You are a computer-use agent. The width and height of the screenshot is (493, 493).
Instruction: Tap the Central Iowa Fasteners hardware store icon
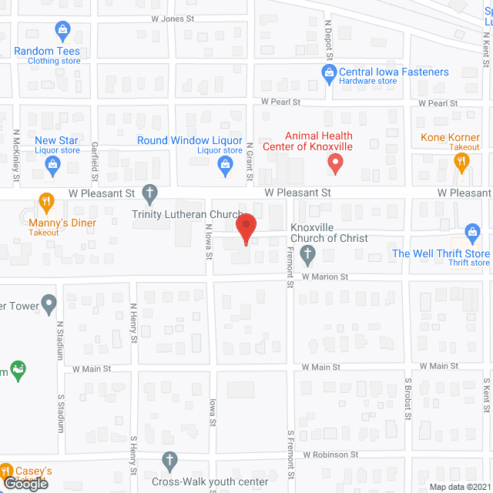point(328,72)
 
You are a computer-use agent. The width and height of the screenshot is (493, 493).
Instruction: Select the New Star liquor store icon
point(52,163)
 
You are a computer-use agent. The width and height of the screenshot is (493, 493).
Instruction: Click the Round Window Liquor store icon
point(226,163)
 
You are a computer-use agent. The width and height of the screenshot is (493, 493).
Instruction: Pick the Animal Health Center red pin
point(335,163)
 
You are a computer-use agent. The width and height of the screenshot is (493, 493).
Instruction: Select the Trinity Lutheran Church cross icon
point(150,193)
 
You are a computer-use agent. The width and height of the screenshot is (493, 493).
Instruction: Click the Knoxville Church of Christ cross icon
point(307,253)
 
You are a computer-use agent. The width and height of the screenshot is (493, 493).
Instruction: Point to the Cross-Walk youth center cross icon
point(170,461)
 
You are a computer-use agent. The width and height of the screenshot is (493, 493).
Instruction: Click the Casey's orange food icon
point(6,471)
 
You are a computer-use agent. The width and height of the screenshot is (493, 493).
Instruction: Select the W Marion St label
point(325,277)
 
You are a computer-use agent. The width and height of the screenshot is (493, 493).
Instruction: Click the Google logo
point(25,483)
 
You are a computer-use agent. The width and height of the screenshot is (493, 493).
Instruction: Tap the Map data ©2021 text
point(458,487)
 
